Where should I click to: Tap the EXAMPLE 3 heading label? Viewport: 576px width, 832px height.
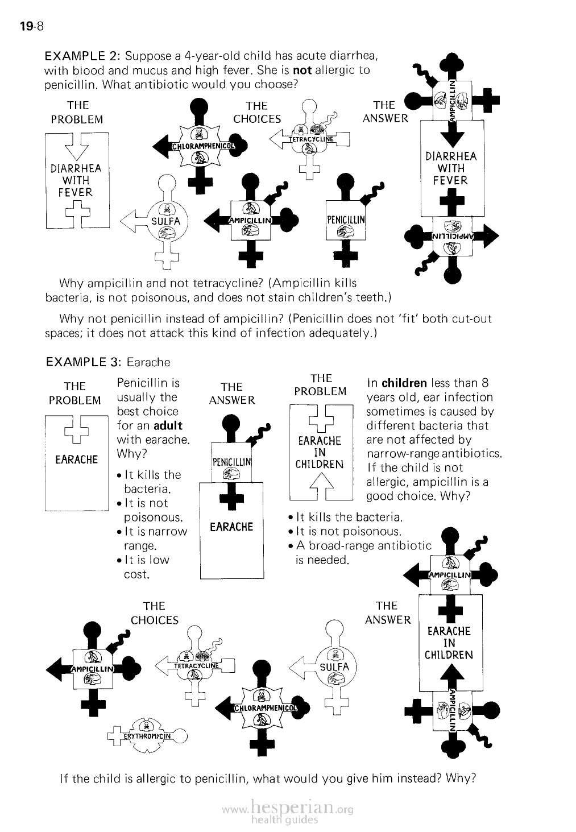83,362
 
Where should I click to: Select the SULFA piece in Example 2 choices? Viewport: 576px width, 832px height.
165,221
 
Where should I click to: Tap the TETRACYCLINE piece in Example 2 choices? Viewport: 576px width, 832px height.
309,139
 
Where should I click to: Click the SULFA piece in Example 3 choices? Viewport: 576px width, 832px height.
334,667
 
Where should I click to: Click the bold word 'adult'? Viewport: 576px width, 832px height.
168,425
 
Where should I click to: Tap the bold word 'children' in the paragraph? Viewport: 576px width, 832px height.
404,383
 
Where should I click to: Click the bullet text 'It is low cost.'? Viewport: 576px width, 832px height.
146,567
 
